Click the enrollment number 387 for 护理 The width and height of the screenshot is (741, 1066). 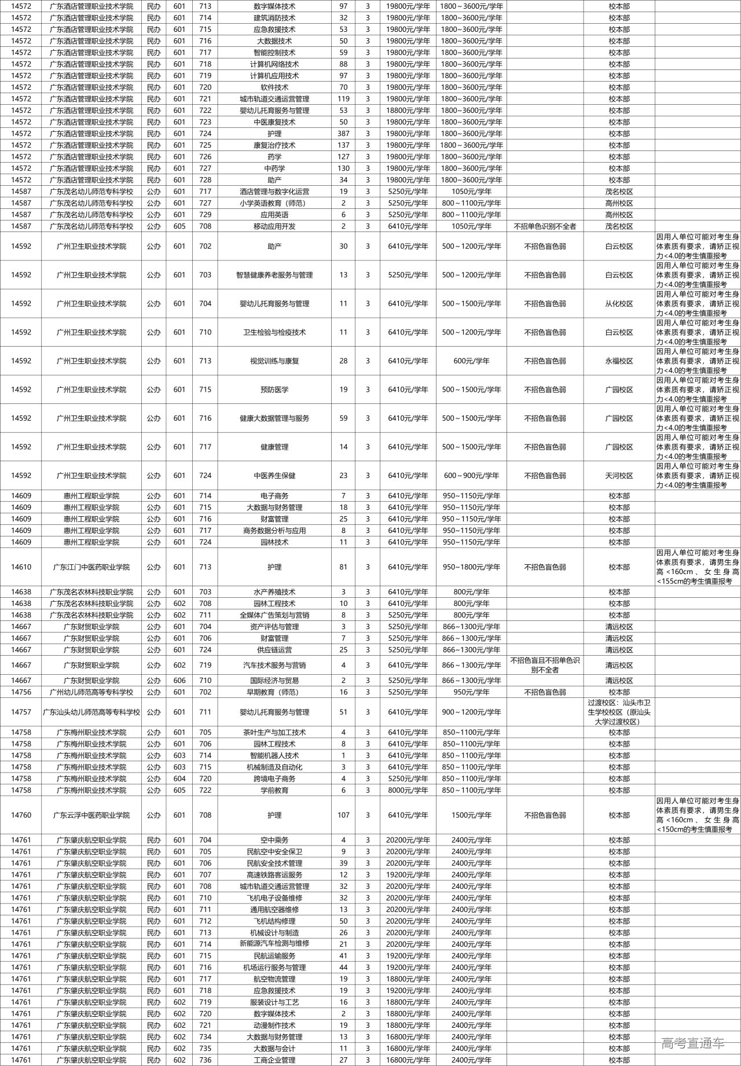(x=343, y=134)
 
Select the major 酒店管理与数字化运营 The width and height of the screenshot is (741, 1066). (x=274, y=192)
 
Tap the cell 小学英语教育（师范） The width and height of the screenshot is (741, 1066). (x=274, y=203)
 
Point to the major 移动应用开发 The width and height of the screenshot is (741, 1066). (x=274, y=226)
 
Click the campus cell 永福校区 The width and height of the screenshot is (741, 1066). (x=619, y=361)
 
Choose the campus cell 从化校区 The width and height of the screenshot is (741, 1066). (x=619, y=304)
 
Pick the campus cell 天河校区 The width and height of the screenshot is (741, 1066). (x=619, y=476)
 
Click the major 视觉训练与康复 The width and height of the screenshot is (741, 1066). (x=274, y=361)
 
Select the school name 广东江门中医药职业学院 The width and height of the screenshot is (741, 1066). (x=91, y=567)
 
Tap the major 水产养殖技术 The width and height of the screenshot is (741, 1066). (x=274, y=592)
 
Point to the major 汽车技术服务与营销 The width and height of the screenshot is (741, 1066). (x=274, y=666)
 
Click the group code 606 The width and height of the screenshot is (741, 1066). (x=179, y=681)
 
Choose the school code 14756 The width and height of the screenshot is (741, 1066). (x=21, y=692)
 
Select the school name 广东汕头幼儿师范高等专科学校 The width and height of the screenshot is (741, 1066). (x=91, y=712)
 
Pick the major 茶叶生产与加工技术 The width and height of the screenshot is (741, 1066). (x=274, y=733)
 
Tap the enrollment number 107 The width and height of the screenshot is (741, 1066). (x=343, y=815)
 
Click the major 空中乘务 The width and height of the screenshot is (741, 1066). (x=274, y=840)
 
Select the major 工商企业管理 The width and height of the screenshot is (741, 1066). (x=274, y=1060)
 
